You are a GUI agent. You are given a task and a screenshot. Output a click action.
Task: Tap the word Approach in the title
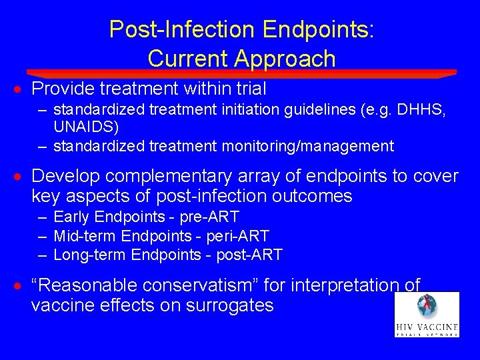click(285, 59)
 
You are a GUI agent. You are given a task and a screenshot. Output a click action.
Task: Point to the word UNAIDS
click(83, 126)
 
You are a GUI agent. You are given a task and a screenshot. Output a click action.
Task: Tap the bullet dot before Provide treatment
click(21, 89)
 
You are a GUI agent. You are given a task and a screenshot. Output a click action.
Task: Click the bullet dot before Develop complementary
click(21, 177)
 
